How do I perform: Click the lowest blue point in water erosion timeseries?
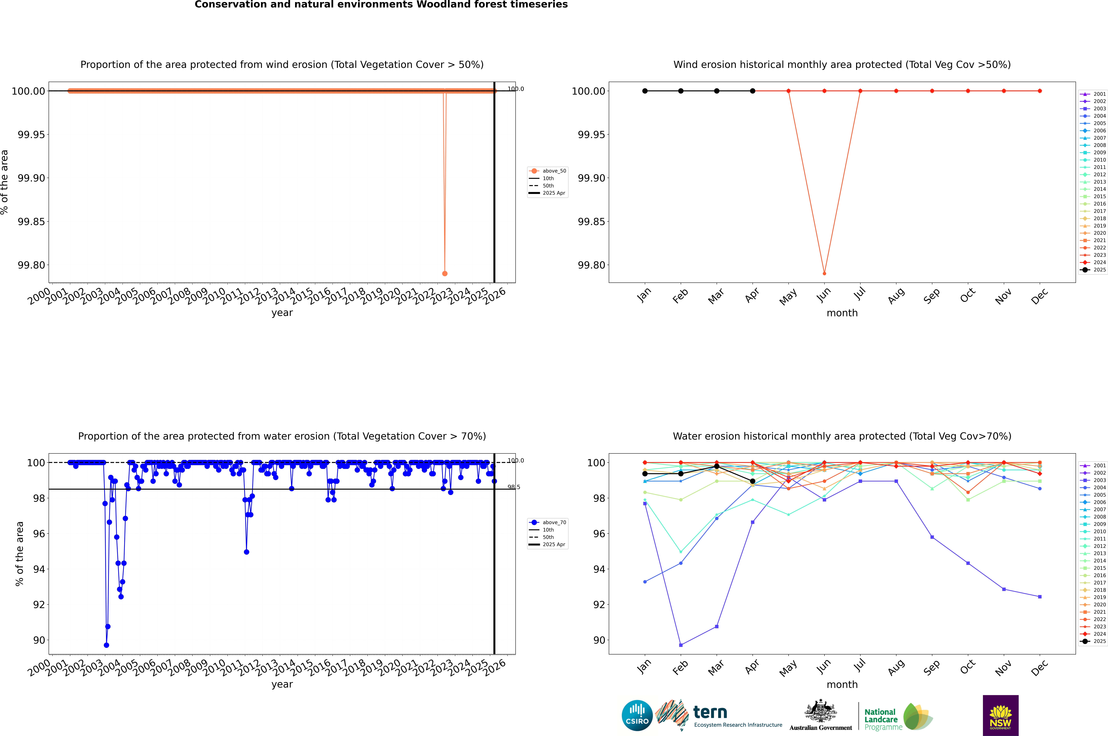[106, 645]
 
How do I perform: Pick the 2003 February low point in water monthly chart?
[681, 645]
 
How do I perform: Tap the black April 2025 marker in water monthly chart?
[752, 481]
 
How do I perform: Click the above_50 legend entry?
[548, 171]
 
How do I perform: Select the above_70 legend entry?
[548, 522]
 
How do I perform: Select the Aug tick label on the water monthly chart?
[896, 668]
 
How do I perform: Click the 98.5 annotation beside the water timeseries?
[514, 487]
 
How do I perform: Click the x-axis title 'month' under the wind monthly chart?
[842, 313]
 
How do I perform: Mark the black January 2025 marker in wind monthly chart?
[645, 91]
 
